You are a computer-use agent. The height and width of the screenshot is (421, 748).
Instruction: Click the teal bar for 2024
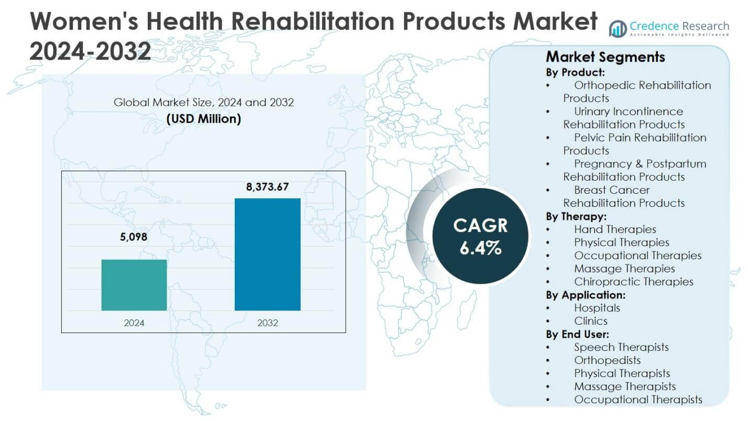point(134,285)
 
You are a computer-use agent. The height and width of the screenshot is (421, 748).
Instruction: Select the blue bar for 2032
point(267,254)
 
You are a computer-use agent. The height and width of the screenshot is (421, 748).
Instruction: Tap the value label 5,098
point(134,237)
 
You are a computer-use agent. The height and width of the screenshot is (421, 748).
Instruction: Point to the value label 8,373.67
point(268,187)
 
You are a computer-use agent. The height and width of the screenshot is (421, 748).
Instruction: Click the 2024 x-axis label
point(134,323)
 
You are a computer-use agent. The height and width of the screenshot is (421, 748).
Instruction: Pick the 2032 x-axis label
point(268,323)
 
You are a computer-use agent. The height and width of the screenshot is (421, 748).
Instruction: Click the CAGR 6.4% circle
point(480,237)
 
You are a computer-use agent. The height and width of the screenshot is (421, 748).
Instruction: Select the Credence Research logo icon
point(618,28)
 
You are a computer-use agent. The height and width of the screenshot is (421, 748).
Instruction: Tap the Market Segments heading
point(605,57)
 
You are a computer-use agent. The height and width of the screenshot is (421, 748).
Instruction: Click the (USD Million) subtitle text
point(204,119)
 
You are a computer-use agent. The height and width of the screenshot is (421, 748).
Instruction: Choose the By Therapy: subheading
point(576,216)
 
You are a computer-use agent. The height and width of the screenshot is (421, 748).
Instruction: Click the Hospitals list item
point(597,308)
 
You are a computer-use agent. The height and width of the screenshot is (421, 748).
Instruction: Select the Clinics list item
point(590,321)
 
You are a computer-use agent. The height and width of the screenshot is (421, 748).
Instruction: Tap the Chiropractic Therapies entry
point(633,282)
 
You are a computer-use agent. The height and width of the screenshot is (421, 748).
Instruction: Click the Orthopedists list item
point(607,360)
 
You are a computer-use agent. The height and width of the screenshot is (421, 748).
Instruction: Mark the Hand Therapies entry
point(614,229)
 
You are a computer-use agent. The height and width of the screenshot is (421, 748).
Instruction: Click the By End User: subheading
point(578,334)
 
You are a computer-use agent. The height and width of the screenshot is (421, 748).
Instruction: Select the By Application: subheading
point(586,295)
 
